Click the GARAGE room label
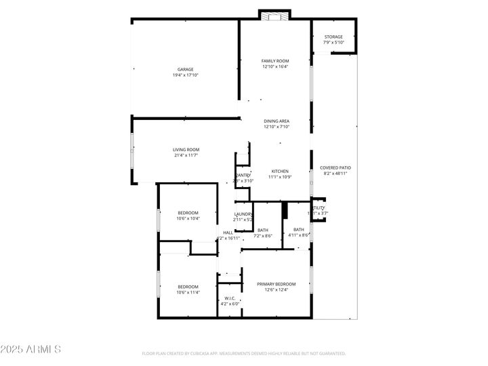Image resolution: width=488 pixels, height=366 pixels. pyautogui.click(x=186, y=69)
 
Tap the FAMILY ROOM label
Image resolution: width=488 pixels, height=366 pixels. pyautogui.click(x=275, y=61)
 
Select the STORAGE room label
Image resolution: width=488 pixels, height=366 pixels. pyautogui.click(x=333, y=37)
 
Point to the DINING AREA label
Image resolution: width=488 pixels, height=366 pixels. pyautogui.click(x=277, y=121)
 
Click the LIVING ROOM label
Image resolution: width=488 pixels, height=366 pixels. pyautogui.click(x=186, y=150)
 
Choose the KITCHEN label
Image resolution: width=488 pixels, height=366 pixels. pyautogui.click(x=281, y=171)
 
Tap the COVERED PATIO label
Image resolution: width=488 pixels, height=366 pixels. pyautogui.click(x=335, y=167)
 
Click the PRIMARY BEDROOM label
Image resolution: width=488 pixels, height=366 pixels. pyautogui.click(x=277, y=284)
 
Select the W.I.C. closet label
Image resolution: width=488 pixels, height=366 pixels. pyautogui.click(x=230, y=298)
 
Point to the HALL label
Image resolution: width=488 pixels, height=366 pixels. pyautogui.click(x=228, y=232)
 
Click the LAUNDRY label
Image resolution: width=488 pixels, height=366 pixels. pyautogui.click(x=243, y=214)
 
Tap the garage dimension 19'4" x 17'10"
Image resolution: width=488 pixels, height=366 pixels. pyautogui.click(x=186, y=75)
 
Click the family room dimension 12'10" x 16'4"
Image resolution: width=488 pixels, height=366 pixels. pyautogui.click(x=275, y=67)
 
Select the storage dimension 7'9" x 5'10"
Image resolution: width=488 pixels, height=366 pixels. pyautogui.click(x=333, y=43)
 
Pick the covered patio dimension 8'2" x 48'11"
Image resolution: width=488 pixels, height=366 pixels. pyautogui.click(x=335, y=173)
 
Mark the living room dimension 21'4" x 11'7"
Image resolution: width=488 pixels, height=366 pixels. pyautogui.click(x=186, y=156)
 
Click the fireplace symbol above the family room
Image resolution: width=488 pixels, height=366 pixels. pyautogui.click(x=275, y=16)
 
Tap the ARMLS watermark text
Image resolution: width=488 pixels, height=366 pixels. pyautogui.click(x=32, y=350)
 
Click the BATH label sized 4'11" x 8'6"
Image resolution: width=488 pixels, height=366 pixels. pyautogui.click(x=299, y=229)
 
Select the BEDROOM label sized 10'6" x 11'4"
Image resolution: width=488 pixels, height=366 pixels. pyautogui.click(x=188, y=286)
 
